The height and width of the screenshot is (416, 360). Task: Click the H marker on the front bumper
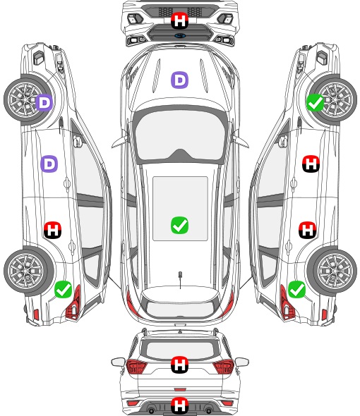coord(179,20)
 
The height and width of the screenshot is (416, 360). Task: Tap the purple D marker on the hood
coord(179,80)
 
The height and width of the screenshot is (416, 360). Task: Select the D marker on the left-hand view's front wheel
coord(44,102)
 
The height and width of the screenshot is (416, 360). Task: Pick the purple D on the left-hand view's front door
coord(49,164)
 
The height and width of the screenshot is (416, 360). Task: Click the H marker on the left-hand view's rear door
coord(53,230)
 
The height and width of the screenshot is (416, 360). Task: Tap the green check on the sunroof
coord(179,225)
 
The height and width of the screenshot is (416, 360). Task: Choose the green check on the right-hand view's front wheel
coord(316,102)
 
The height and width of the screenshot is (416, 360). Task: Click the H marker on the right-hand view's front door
coord(311,164)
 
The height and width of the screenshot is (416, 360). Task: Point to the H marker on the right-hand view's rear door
coord(307,230)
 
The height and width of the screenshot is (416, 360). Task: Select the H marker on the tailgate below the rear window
coord(179,365)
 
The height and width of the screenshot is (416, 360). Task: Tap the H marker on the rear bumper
coord(179,405)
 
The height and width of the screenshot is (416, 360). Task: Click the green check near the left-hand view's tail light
coord(64,289)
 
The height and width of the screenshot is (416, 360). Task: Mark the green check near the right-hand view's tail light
coord(296,289)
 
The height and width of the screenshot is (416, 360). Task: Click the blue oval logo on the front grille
coord(180,35)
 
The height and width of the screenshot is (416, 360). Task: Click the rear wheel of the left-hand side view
coord(29,271)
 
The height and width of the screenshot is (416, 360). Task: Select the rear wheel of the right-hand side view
coord(332,271)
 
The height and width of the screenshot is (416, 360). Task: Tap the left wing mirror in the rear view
coord(118,362)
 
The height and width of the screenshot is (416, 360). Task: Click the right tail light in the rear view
coord(223,366)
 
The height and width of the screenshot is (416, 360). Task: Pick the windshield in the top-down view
coord(180,136)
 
